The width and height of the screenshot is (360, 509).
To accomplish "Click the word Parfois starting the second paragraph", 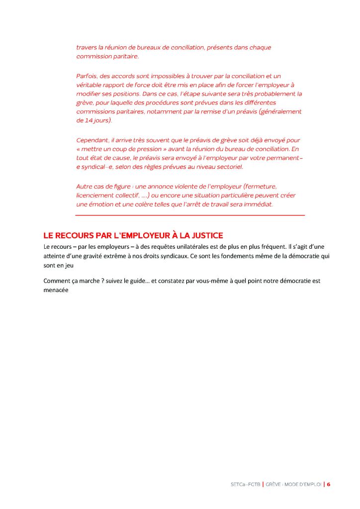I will pos(87,76).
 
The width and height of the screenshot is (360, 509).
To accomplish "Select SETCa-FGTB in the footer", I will pos(246,484).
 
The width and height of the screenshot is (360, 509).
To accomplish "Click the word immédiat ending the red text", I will pos(258,204).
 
